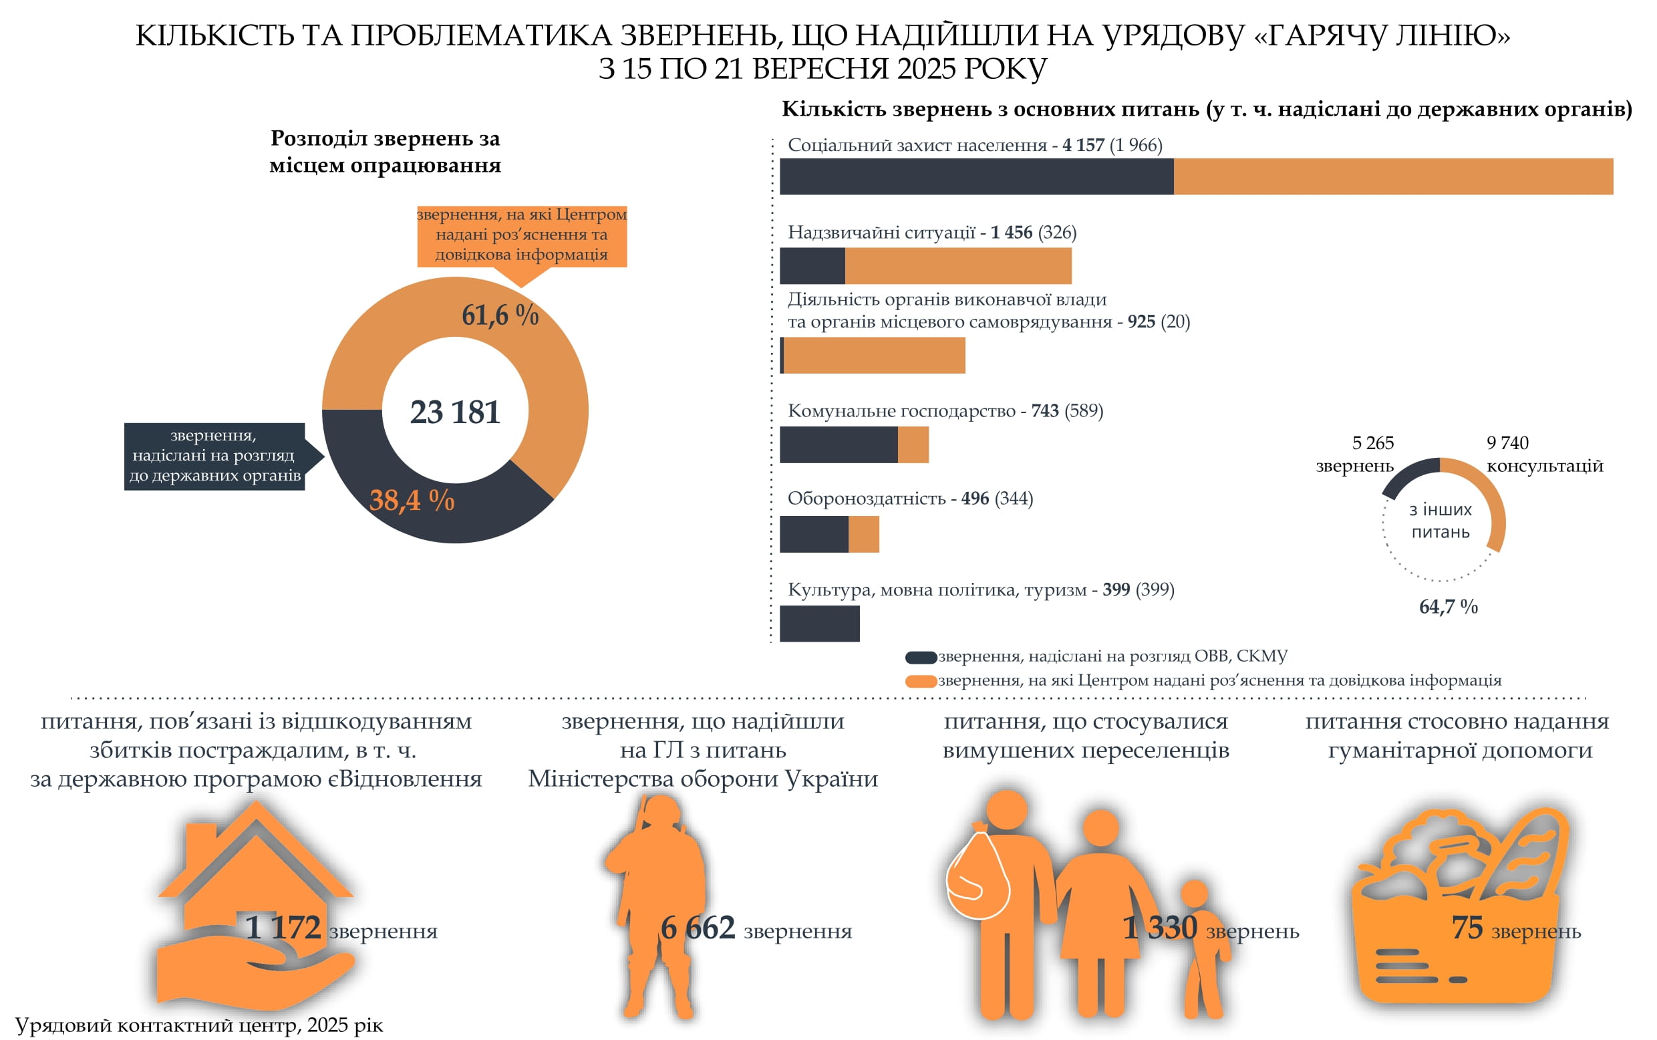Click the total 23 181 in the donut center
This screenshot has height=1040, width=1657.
[454, 412]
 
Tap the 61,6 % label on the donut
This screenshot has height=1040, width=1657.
[500, 315]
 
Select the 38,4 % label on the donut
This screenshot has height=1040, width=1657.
[412, 500]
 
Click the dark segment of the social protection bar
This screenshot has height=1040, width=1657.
[975, 176]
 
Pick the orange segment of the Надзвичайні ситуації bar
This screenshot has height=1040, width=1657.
[957, 265]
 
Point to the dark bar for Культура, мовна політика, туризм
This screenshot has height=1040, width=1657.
[819, 623]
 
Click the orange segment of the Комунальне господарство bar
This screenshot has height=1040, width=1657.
[913, 444]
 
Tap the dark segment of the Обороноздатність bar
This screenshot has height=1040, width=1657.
[813, 534]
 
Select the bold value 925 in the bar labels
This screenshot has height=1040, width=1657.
[1141, 321]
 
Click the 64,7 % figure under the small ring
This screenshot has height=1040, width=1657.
[1448, 606]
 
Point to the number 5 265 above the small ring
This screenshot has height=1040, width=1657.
[1372, 442]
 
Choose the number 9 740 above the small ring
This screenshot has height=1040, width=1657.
[1507, 442]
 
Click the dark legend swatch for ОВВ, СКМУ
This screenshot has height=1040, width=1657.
[921, 657]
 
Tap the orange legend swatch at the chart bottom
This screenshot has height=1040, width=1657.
[921, 681]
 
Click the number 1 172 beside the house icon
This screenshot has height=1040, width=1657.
[283, 927]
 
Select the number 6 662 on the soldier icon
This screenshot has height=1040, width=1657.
[697, 927]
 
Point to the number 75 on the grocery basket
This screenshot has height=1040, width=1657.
[1467, 927]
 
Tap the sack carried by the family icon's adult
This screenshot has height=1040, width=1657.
[977, 877]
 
